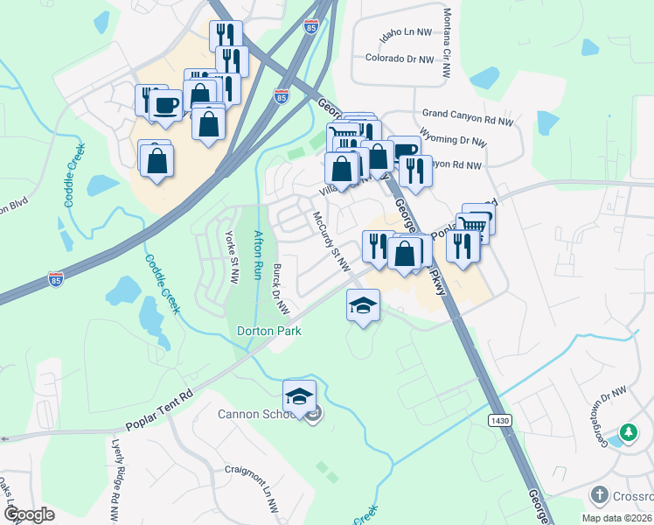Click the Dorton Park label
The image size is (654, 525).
[269, 331]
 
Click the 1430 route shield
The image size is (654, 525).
[498, 421]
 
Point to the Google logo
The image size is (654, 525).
[29, 514]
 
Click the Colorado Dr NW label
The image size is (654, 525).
[400, 59]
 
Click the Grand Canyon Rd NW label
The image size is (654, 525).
[464, 114]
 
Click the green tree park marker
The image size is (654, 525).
[628, 432]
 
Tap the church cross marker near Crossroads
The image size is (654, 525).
[599, 495]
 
